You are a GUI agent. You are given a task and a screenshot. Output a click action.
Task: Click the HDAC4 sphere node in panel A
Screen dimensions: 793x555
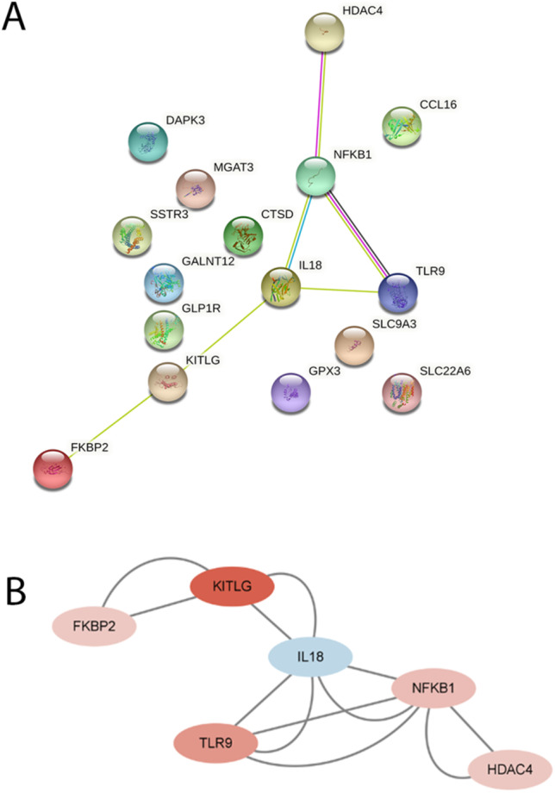point(324,33)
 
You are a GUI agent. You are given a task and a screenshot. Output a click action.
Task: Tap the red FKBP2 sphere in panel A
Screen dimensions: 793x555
point(53,469)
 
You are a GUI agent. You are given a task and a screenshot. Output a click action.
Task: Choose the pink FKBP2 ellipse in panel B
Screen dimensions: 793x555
point(95,625)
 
